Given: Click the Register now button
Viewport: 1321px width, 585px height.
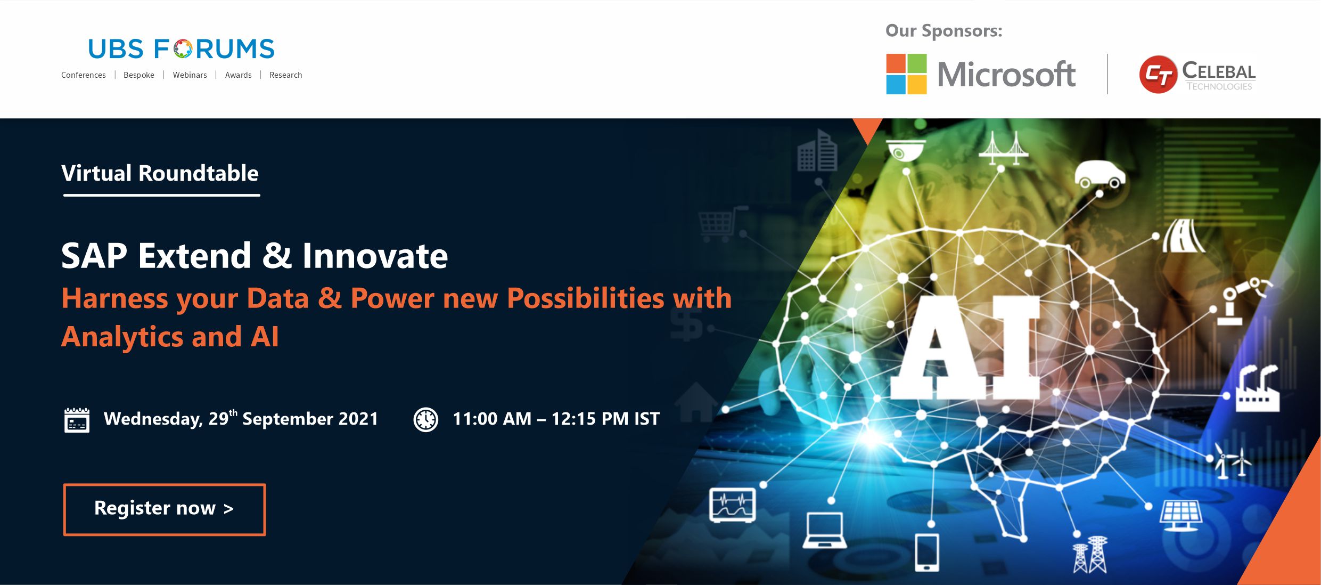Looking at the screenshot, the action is click(x=165, y=509).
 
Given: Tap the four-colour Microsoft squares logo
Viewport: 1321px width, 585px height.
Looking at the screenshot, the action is click(x=906, y=74).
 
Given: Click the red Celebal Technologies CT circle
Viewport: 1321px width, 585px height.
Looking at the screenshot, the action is click(x=1158, y=75).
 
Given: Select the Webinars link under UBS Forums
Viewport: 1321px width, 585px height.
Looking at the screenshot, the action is click(x=190, y=75).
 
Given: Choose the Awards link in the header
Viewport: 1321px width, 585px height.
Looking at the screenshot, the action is click(x=238, y=75).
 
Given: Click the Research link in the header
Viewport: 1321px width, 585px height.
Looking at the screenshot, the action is click(x=285, y=75).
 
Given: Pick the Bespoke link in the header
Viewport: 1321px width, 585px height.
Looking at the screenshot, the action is click(x=139, y=75).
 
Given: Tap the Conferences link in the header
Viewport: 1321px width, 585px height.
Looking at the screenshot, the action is click(x=84, y=75).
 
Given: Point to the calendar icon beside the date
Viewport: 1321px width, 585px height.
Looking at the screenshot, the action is click(x=77, y=420).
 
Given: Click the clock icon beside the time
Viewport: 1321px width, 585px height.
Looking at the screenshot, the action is click(x=426, y=419).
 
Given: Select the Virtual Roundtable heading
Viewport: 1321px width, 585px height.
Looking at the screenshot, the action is click(x=160, y=174).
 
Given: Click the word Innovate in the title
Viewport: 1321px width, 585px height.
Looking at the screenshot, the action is click(x=375, y=256).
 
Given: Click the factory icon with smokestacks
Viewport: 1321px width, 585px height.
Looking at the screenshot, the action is click(x=1257, y=389).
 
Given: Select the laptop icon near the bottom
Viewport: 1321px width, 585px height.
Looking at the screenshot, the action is click(x=824, y=530).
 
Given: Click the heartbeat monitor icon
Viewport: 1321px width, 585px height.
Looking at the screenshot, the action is click(x=733, y=505).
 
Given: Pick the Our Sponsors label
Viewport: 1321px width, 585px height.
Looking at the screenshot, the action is click(x=943, y=31).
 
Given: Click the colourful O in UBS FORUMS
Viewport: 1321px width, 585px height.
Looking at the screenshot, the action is click(x=183, y=49).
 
